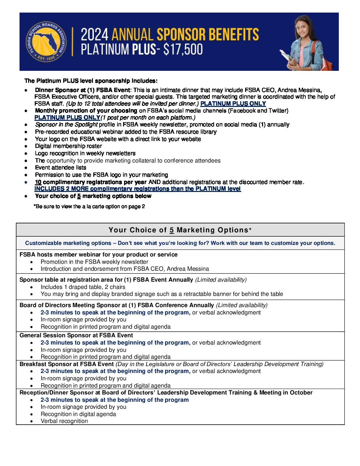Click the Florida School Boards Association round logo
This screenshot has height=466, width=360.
coord(46,42)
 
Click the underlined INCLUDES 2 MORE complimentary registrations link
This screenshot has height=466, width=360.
coord(138,189)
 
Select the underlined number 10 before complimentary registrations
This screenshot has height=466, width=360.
coord(38,182)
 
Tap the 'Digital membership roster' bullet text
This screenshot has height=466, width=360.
coord(68,146)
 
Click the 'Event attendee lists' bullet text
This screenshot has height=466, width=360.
coord(61,167)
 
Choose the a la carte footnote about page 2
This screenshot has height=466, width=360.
coord(89,207)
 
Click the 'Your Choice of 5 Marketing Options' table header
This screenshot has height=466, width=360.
coord(180,230)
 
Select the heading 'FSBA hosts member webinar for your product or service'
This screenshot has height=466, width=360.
coord(99,255)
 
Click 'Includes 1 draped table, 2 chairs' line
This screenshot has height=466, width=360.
coord(83,287)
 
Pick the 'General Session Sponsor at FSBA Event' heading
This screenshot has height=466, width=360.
coord(76,335)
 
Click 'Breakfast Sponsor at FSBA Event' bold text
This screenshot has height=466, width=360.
coord(67,364)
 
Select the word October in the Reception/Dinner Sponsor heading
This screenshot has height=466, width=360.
coord(301,393)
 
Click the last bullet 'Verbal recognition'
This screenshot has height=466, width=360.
coord(64,421)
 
